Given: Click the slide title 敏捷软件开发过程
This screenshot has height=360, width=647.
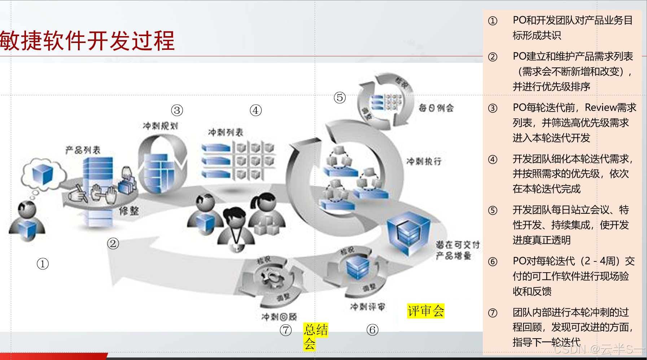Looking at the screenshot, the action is (87, 40).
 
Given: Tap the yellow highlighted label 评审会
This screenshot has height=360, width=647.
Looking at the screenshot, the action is (426, 311).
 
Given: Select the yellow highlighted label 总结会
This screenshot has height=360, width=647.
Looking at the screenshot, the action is (315, 336).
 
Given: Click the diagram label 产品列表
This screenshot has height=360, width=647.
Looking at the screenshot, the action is (83, 150).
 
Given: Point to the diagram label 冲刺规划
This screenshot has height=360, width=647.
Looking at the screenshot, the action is (160, 126).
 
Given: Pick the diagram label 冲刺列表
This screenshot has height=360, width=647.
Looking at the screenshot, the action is (226, 133).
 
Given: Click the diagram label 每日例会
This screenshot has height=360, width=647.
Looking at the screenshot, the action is (436, 108).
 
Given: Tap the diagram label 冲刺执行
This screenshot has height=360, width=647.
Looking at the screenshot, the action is (424, 161).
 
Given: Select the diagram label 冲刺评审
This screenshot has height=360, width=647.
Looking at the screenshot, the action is (367, 307).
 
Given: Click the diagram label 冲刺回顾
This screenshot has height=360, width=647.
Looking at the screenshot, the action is (279, 317).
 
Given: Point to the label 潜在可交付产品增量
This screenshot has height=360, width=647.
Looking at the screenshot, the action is (457, 250).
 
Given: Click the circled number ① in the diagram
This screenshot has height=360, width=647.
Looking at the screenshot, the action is (43, 264).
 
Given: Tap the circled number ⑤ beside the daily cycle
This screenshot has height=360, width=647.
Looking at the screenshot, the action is (340, 97).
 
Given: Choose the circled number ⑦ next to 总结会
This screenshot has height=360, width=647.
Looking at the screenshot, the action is (286, 330).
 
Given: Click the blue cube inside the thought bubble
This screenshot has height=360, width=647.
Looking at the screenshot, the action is (43, 174).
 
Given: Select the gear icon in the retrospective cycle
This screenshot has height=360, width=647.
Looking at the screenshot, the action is (272, 278).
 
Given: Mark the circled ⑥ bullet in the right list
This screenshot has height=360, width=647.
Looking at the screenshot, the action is (493, 261).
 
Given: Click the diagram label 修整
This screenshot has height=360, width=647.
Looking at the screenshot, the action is (129, 211).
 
